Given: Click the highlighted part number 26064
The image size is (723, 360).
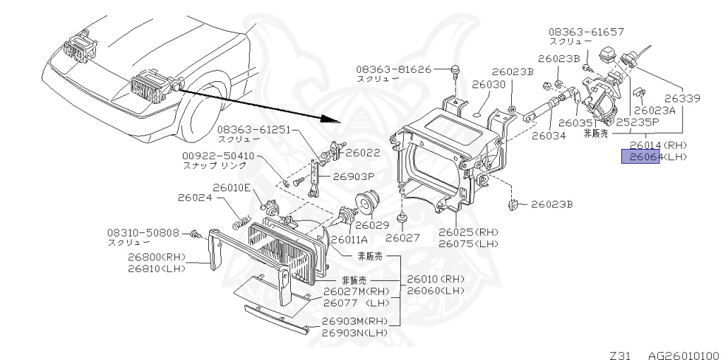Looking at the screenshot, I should tap(640, 157).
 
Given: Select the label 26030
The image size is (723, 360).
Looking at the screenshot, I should tap(489, 84).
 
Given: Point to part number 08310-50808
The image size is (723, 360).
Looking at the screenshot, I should tap(143, 232).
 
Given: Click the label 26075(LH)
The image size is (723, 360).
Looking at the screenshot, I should tap(467, 244).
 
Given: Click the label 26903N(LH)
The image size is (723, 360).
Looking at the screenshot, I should tap(355, 332).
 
